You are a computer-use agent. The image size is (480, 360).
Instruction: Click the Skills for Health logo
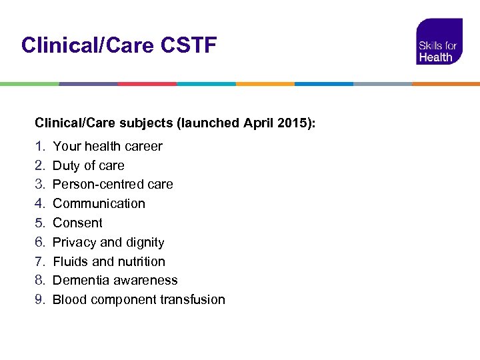coord(439,42)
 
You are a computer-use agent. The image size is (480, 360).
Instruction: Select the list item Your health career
coord(107,146)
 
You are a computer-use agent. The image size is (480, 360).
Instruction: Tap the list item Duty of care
coord(88,165)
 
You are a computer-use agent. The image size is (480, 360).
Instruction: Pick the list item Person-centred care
coord(113,184)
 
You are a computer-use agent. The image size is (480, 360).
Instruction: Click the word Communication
coord(99,203)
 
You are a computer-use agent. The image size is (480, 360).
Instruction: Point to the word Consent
coord(77,223)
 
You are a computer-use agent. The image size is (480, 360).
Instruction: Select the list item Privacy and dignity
coord(108,242)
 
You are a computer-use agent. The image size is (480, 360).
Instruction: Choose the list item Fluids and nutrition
coord(109,261)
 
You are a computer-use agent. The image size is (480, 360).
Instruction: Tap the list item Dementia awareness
coord(115,280)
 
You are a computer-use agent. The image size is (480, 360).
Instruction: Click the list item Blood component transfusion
coord(139,299)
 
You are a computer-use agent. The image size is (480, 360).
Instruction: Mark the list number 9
coord(39,299)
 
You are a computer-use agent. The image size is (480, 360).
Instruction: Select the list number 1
coord(39,146)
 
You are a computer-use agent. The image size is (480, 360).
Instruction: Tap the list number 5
coord(39,223)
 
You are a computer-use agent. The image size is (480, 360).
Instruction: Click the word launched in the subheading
coord(212,123)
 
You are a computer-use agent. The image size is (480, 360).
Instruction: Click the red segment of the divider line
coord(147,84)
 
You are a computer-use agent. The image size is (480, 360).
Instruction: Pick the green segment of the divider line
coord(29,84)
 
